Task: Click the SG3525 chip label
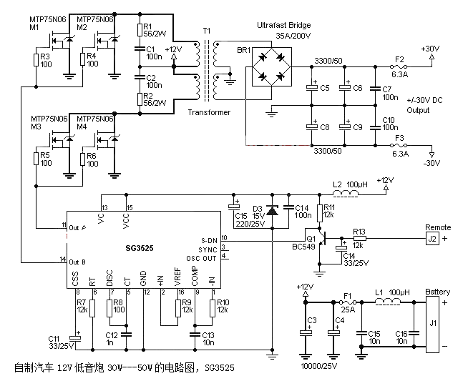[140, 248]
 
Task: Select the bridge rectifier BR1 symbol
[272, 66]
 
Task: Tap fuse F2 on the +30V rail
[399, 66]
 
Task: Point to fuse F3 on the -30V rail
[399, 146]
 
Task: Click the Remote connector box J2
[432, 239]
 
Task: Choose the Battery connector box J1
[432, 325]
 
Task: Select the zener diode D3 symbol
[272, 211]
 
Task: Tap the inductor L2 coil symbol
[346, 194]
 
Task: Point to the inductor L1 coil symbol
[387, 302]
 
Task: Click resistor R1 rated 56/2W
[140, 30]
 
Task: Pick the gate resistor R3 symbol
[36, 60]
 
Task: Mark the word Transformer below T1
[209, 112]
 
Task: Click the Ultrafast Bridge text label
[284, 25]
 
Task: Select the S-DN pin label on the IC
[209, 241]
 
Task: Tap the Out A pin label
[77, 228]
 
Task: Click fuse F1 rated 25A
[348, 302]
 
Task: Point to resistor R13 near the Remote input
[359, 239]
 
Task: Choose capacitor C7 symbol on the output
[376, 88]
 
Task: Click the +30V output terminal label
[430, 49]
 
